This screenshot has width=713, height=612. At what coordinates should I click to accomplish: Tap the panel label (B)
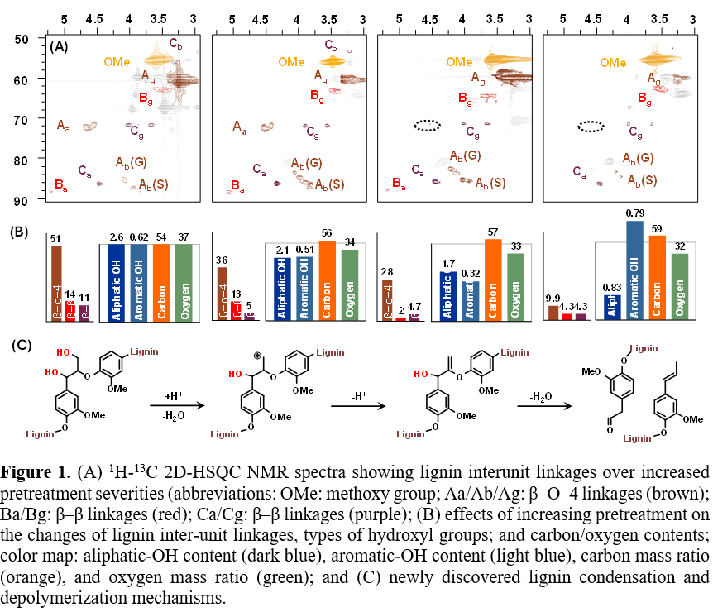[x=20, y=232]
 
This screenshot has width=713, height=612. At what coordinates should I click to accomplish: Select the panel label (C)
[x=20, y=344]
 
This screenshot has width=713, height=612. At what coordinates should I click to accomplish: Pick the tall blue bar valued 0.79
[x=635, y=270]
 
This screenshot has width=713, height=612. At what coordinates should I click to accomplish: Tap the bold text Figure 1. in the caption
[x=36, y=474]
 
